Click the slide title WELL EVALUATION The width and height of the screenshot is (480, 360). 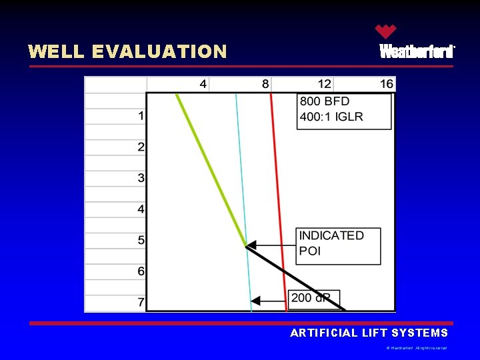(127, 51)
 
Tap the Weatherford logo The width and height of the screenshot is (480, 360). (417, 44)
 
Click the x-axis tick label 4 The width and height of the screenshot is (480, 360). (203, 84)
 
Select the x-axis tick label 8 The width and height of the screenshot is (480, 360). (266, 84)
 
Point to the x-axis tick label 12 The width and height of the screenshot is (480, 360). (324, 84)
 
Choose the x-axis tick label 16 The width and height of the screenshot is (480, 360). (387, 84)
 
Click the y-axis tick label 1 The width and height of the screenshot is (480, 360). (141, 116)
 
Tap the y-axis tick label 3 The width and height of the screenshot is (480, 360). (141, 178)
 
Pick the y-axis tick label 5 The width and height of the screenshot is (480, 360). (141, 240)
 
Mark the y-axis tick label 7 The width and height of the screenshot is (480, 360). (141, 302)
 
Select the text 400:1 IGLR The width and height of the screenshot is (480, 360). (331, 117)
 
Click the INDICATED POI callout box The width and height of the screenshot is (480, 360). (339, 245)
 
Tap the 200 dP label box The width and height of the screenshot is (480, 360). (314, 298)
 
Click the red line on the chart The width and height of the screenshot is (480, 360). (277, 200)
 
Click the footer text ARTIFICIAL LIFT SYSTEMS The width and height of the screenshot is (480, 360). (369, 333)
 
